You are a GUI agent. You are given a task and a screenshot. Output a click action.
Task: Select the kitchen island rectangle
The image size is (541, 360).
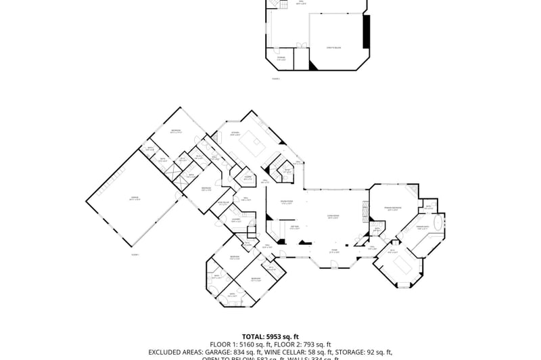(258, 141)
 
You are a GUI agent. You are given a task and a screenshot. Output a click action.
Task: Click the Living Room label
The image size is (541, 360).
(333, 217)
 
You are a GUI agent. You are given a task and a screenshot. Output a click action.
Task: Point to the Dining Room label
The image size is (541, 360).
(287, 202)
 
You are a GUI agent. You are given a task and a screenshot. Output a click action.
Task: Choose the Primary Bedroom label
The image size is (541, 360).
(393, 208)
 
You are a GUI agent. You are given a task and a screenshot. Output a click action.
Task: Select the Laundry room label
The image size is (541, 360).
(236, 220)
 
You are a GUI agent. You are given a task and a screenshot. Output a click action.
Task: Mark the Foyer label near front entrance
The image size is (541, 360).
(334, 250)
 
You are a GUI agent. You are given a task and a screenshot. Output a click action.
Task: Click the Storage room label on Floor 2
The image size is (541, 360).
(281, 58)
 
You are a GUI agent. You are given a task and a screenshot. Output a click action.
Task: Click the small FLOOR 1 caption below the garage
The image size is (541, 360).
(135, 254)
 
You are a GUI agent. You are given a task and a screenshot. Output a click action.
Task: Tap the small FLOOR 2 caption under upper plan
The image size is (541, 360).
(275, 78)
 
